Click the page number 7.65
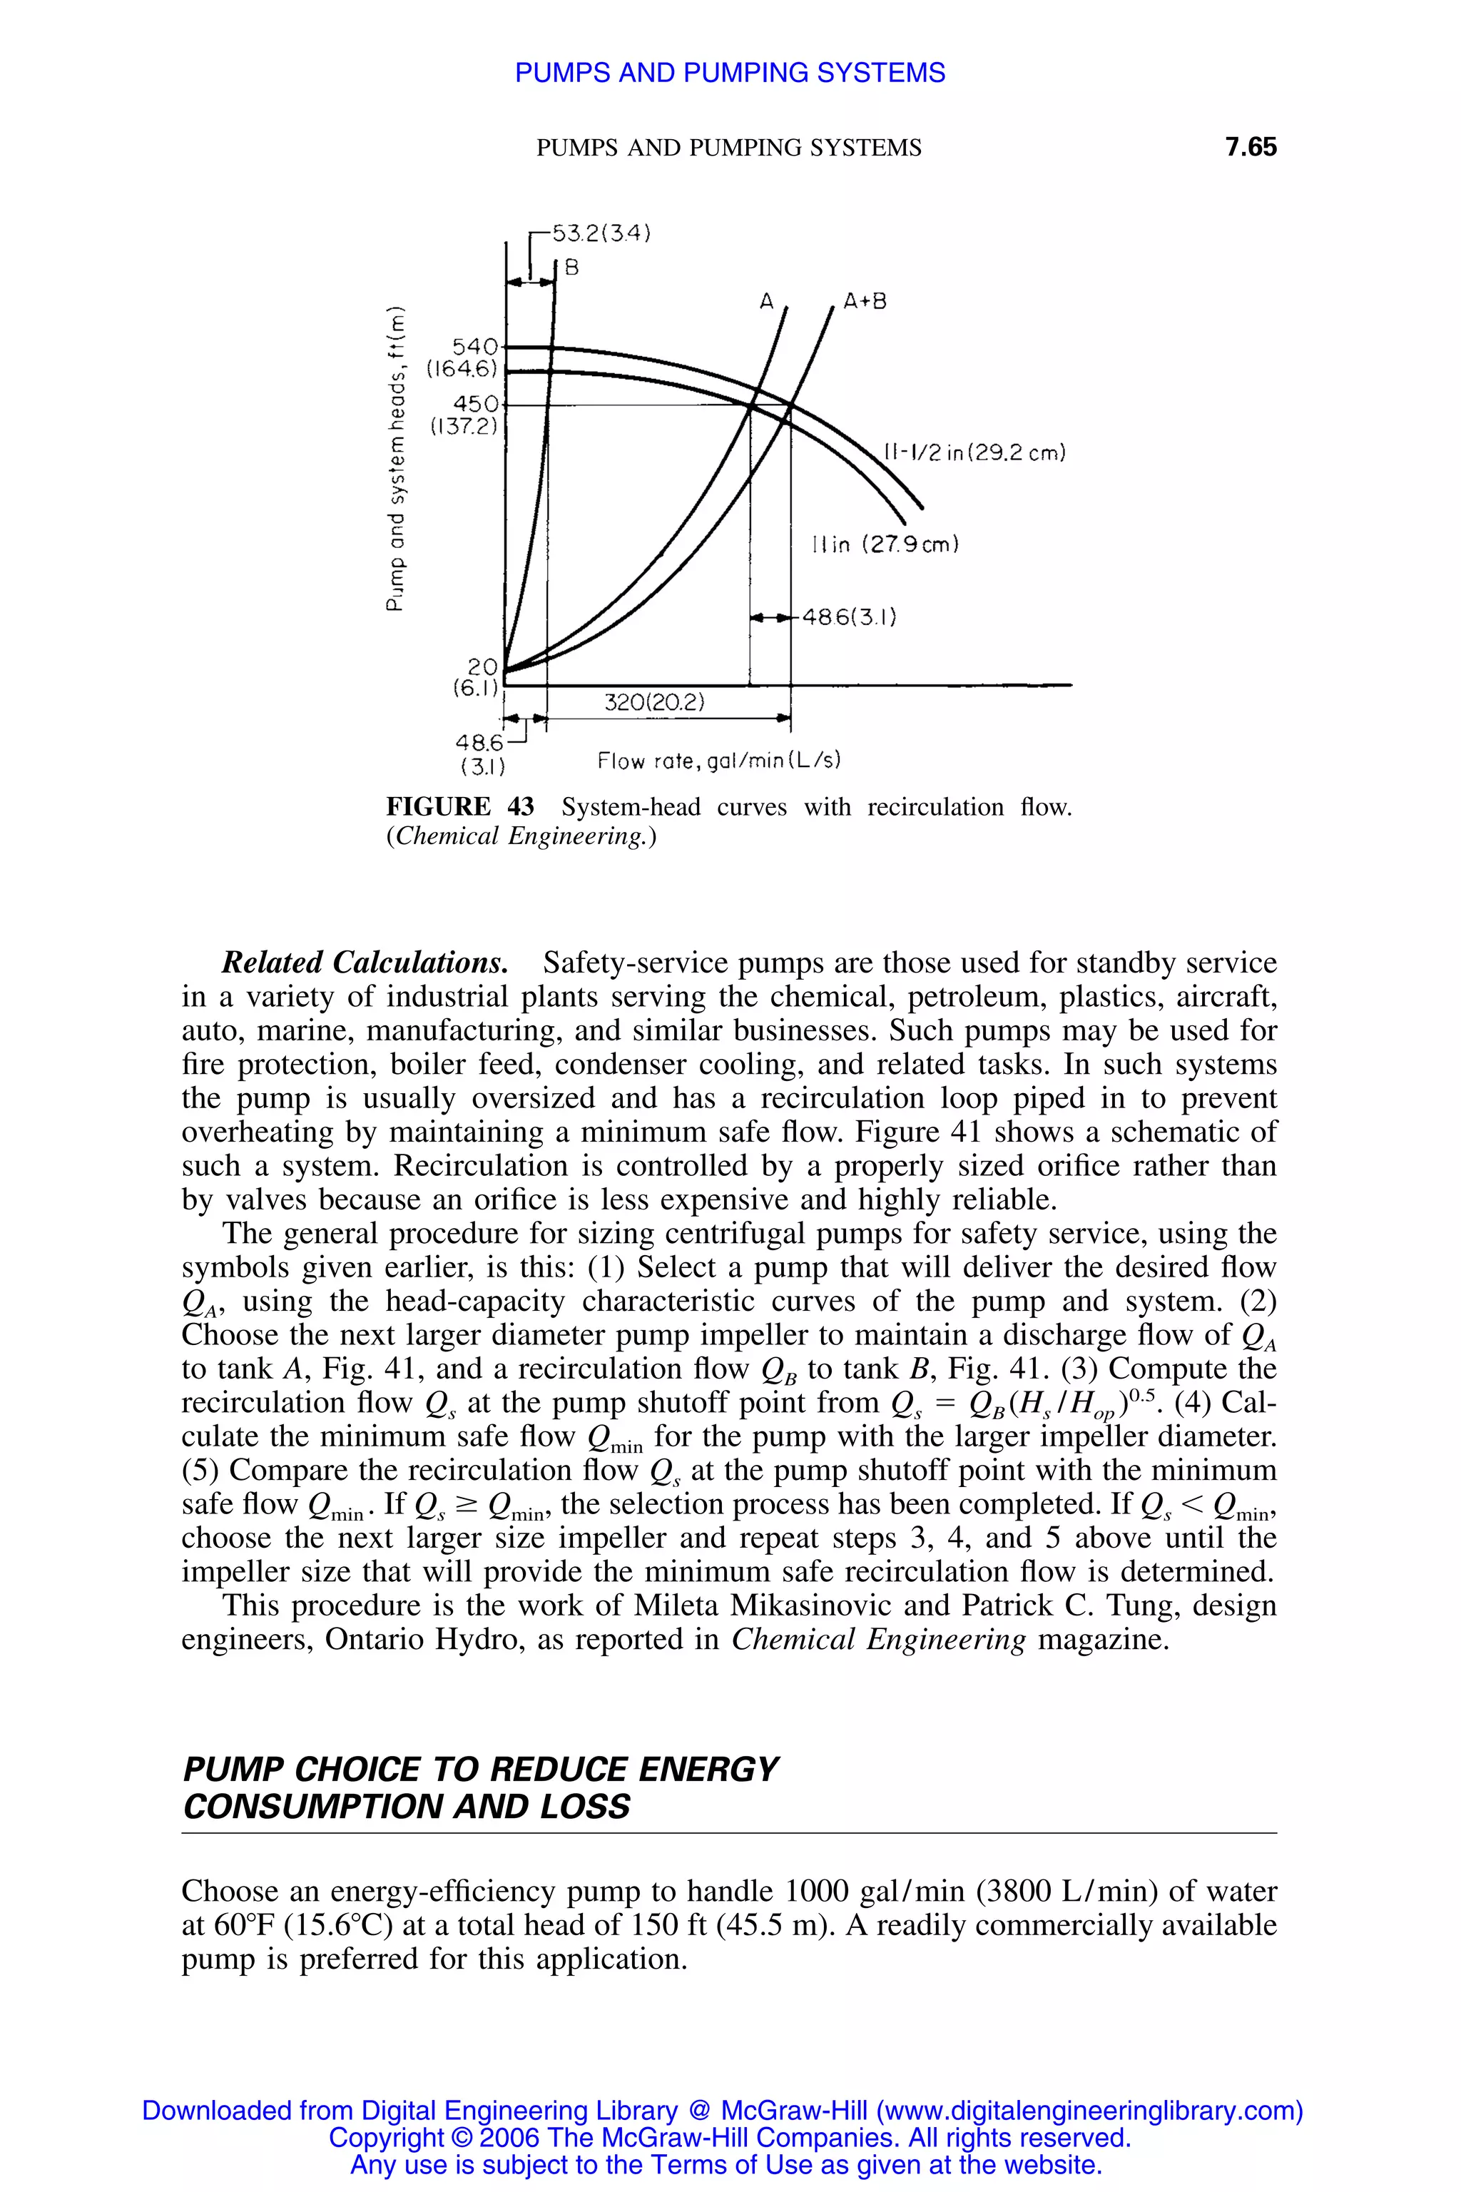(1251, 147)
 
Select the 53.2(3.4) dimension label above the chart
(601, 233)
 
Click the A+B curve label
(865, 302)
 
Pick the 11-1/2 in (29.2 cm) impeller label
(974, 453)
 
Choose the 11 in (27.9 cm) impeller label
(886, 544)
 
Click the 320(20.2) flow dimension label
(655, 703)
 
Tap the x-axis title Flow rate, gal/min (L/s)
(719, 761)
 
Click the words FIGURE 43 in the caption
(460, 807)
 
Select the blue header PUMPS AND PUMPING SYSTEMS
(730, 73)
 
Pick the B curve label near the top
(571, 268)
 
